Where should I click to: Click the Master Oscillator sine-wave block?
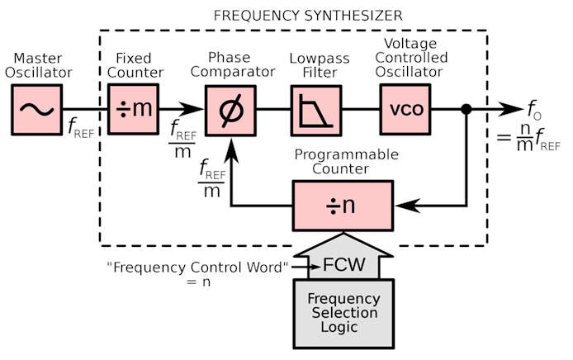(x=36, y=108)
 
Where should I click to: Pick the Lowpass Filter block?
(x=314, y=108)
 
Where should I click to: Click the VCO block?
(x=405, y=108)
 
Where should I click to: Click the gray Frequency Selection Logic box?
(x=344, y=311)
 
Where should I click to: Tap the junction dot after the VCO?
(x=466, y=108)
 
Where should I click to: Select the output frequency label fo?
(x=534, y=108)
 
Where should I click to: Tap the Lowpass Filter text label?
(x=314, y=67)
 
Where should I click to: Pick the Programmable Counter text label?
(x=346, y=161)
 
